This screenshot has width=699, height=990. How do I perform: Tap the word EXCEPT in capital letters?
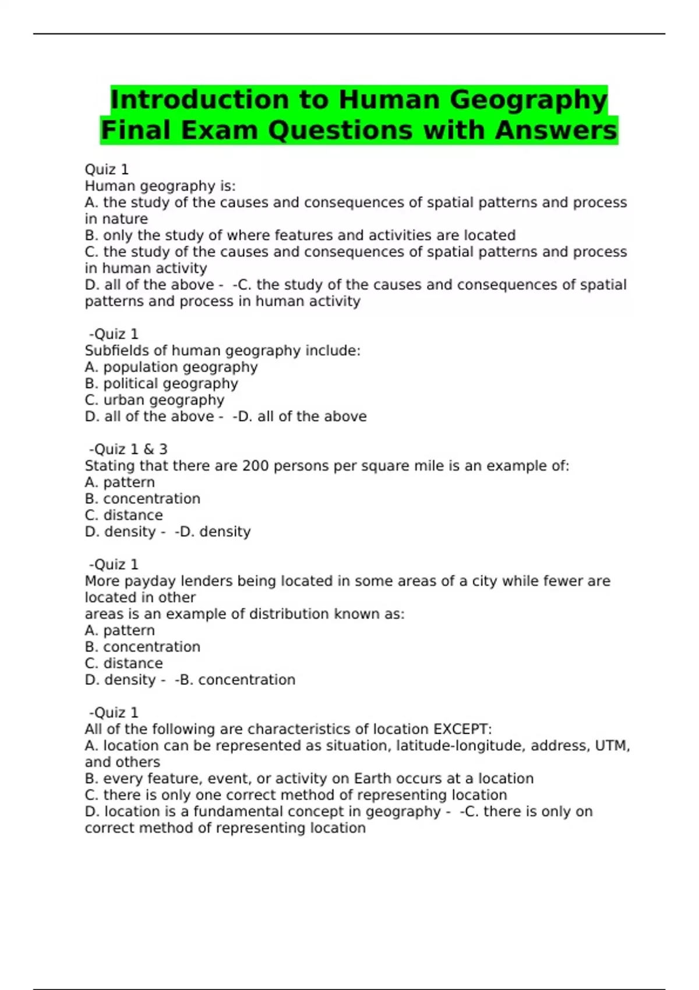click(463, 729)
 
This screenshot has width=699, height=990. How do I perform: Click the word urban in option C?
click(124, 400)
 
